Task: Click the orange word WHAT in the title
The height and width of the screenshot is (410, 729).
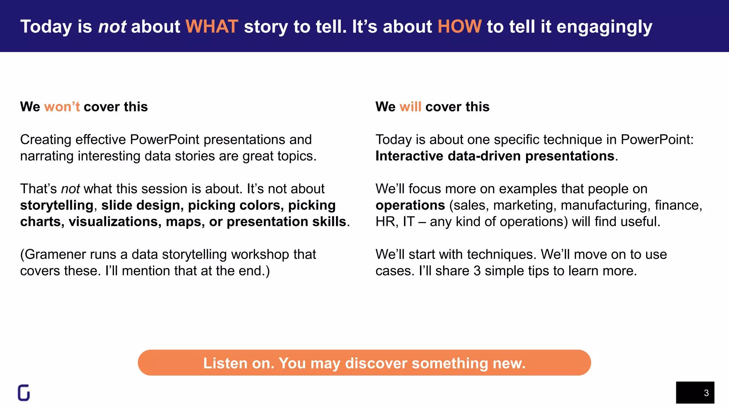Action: pyautogui.click(x=212, y=27)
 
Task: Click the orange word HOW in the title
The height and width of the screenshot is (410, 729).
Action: pyautogui.click(x=459, y=27)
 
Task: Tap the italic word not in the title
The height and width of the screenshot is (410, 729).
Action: pyautogui.click(x=112, y=27)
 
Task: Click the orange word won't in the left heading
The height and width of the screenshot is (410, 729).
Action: pyautogui.click(x=62, y=107)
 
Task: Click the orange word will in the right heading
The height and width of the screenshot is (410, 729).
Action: pyautogui.click(x=410, y=107)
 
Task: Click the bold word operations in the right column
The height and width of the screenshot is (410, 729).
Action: pyautogui.click(x=410, y=205)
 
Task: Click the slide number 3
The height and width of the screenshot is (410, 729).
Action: pyautogui.click(x=706, y=393)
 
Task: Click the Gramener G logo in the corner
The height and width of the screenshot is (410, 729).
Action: pyautogui.click(x=24, y=393)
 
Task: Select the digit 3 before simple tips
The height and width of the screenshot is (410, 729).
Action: pyautogui.click(x=477, y=271)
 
